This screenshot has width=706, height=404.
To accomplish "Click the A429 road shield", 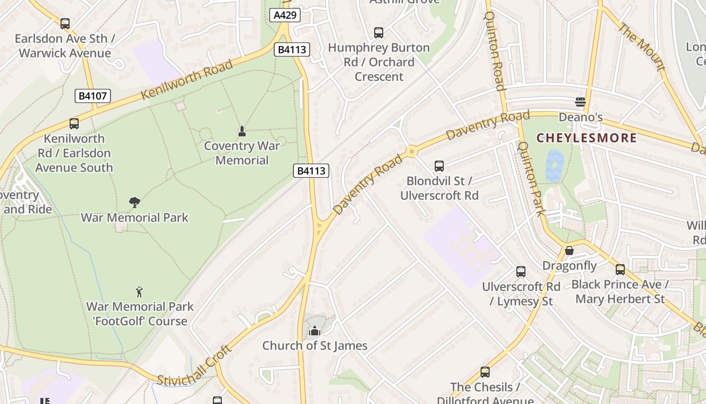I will [285, 15].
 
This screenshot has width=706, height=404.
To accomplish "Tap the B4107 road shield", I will [93, 95].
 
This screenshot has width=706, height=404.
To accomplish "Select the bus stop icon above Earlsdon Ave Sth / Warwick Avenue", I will [65, 23].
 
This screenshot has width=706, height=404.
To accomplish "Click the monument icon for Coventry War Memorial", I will [242, 131].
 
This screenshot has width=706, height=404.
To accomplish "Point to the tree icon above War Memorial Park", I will [134, 203].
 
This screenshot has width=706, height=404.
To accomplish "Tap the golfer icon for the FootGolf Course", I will [139, 291].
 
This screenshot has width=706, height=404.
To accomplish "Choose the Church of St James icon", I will [315, 331].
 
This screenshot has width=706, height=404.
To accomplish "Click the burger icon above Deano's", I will [580, 102].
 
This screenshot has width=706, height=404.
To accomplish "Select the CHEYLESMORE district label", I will [586, 138].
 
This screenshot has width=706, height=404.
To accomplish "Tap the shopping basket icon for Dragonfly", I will [569, 250].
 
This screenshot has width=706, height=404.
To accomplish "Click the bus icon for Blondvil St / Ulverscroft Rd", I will [439, 166].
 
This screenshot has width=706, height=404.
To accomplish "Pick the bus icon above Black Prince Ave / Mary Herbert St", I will [620, 270].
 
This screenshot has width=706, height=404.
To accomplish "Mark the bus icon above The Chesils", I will [485, 372].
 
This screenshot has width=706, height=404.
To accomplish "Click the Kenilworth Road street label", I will [187, 79].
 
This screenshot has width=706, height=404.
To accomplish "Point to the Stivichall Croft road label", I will [194, 366].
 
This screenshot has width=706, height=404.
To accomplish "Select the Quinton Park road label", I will [532, 179].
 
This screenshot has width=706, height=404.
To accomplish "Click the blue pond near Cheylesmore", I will [555, 166].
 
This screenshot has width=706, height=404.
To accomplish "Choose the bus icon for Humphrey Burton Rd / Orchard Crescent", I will [379, 33].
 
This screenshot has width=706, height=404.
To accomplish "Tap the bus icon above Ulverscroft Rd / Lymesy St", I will [521, 272].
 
